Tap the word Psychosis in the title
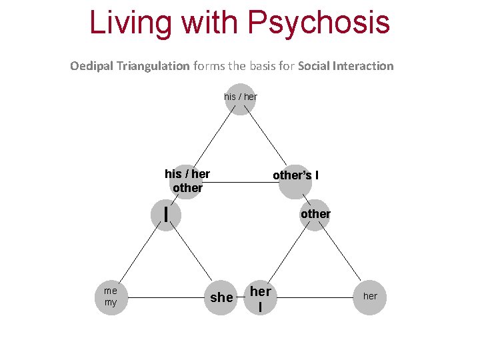[x=319, y=22]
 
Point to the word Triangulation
[x=153, y=66]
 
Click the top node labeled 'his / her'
[x=241, y=99]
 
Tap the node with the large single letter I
[x=165, y=215]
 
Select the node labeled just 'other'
[x=315, y=215]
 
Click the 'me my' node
[x=111, y=297]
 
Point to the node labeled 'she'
[x=221, y=297]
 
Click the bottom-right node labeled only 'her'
[x=370, y=296]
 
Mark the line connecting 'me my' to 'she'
[x=167, y=297]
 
